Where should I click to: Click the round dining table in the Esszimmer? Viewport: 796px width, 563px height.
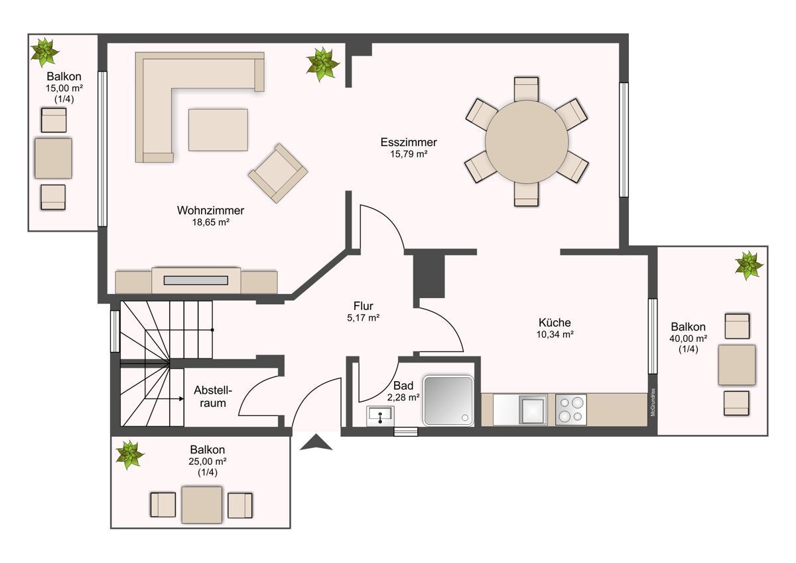tap(527, 142)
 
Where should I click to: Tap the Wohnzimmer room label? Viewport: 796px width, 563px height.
tap(210, 210)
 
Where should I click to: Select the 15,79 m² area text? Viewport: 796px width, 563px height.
tap(409, 154)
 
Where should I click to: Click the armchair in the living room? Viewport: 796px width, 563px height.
tap(278, 173)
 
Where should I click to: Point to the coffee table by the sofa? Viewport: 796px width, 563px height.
tap(218, 130)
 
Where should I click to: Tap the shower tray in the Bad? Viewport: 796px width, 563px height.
tap(448, 400)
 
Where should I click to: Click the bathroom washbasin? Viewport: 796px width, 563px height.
tap(380, 416)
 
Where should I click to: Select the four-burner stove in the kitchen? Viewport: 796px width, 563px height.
tap(570, 410)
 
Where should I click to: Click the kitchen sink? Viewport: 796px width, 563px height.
tap(533, 410)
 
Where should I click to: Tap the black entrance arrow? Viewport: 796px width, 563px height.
tap(316, 443)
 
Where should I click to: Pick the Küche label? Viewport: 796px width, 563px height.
tap(555, 323)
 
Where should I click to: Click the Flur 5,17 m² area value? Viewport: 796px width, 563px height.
tap(364, 317)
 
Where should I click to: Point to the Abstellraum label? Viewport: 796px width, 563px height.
tap(212, 396)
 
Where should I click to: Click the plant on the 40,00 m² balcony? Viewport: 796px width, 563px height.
tap(749, 266)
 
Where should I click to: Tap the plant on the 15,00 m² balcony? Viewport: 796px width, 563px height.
tap(44, 52)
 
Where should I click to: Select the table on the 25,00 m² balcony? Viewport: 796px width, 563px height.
tap(202, 505)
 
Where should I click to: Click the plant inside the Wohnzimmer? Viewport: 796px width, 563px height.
tap(322, 64)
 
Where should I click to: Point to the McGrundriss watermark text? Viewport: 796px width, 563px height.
tap(653, 402)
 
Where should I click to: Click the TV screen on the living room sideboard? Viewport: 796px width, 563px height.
tap(196, 281)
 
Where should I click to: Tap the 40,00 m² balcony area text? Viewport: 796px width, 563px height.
tap(688, 338)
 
